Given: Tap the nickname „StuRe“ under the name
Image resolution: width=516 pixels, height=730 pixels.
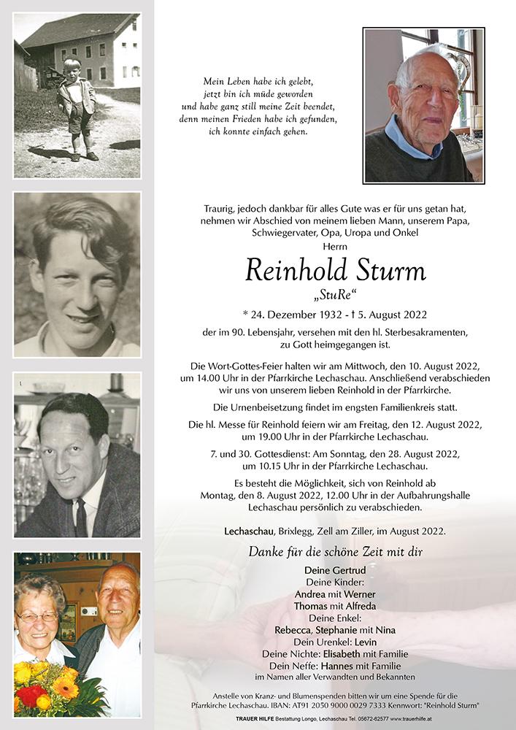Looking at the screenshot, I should [x=336, y=296].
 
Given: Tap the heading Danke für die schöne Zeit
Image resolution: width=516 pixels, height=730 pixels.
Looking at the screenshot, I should [x=336, y=552].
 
